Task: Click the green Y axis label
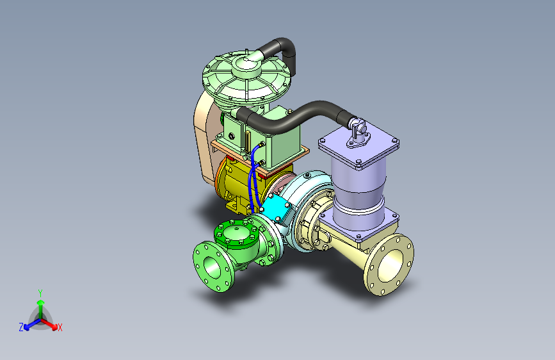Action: [x=40, y=293]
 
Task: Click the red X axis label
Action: [x=60, y=327]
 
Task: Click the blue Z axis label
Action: [x=21, y=327]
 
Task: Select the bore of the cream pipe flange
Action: [x=390, y=266]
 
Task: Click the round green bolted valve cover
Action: [x=236, y=233]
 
